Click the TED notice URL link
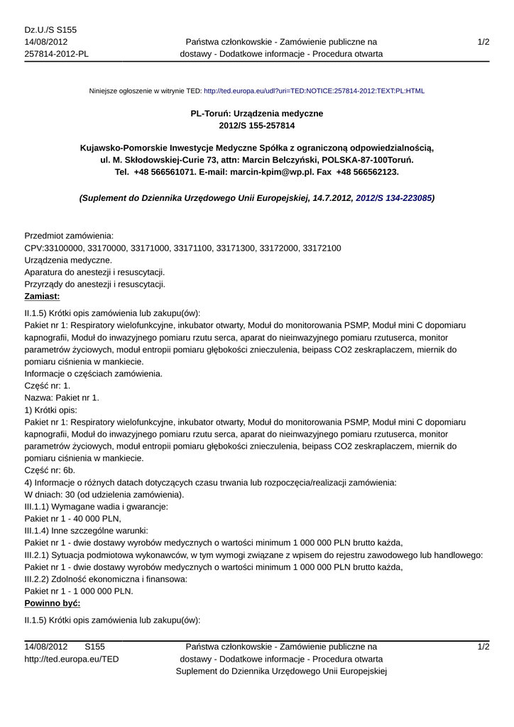coord(314,92)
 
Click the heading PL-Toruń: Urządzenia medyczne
coord(257,114)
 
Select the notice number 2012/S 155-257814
coord(257,126)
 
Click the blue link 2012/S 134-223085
coord(393,199)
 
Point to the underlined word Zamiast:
coord(42,296)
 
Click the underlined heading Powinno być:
coord(52,603)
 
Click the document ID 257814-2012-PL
coord(56,54)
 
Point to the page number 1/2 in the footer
coord(483,647)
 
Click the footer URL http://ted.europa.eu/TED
coord(72,659)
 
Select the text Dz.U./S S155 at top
coord(50,30)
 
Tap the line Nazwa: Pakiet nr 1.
coord(62,398)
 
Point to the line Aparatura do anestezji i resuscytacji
coord(94,272)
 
